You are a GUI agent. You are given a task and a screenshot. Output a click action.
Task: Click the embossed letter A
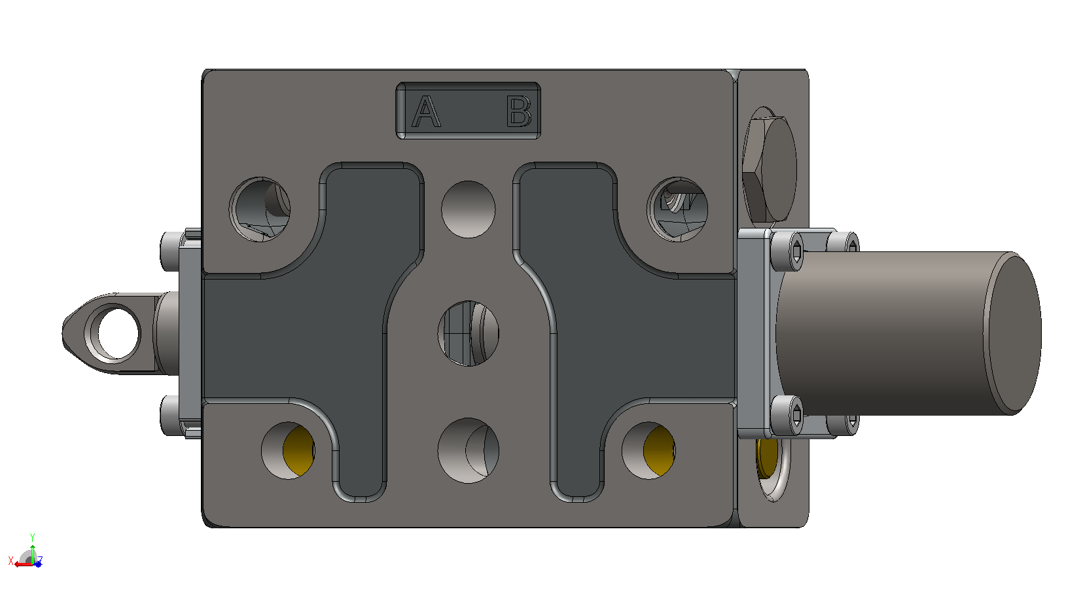[426, 111]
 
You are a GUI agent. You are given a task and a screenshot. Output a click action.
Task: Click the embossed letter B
[519, 111]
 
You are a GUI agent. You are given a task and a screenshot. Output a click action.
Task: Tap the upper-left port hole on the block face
[260, 209]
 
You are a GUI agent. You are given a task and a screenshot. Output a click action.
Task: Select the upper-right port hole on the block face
[677, 209]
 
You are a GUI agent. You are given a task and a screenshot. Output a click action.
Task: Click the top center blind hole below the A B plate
[468, 209]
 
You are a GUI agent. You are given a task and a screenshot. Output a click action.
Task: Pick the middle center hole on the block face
[468, 333]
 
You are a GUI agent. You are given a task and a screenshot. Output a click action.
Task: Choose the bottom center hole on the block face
[468, 450]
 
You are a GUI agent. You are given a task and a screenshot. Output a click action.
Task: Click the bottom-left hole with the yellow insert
[288, 450]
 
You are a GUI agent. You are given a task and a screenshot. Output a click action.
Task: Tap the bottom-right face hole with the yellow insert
[649, 450]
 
